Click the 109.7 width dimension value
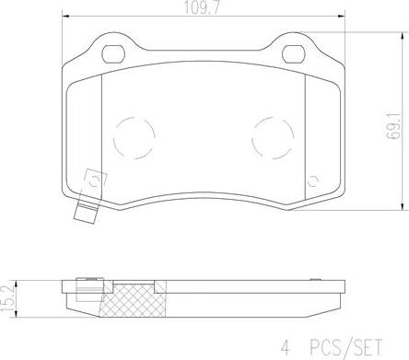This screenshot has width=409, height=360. [x=202, y=7]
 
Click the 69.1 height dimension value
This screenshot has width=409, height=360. [x=393, y=126]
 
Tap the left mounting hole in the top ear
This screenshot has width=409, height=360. [x=113, y=54]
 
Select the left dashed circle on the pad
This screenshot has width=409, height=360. [x=134, y=138]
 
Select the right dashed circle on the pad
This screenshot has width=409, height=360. [x=273, y=138]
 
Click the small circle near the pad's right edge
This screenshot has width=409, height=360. [x=313, y=181]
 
